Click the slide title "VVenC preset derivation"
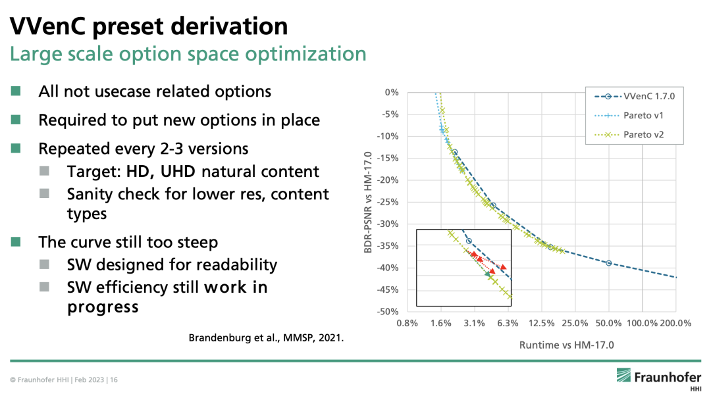(148, 26)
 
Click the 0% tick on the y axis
(392, 92)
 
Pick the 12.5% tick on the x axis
(540, 323)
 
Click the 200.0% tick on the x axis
(675, 323)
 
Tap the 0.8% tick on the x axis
(407, 323)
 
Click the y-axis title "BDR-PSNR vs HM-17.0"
(368, 201)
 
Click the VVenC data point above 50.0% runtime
(609, 263)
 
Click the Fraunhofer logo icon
(623, 376)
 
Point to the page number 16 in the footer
(114, 380)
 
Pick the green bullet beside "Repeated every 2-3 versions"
(16, 149)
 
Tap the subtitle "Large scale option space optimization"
(187, 53)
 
